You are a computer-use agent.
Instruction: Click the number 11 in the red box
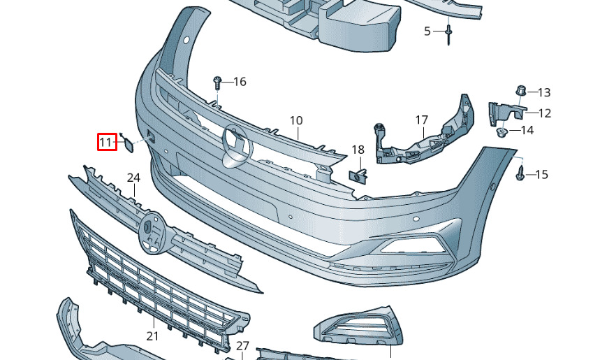(106, 143)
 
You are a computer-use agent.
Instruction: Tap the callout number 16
(240, 82)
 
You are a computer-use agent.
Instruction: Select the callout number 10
(296, 120)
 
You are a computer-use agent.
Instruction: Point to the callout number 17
(421, 120)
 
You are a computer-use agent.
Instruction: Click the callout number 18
(358, 150)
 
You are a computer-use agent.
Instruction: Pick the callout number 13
(544, 92)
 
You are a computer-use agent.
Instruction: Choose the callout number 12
(545, 113)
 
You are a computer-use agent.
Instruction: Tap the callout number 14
(527, 130)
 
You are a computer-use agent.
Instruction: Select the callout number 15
(542, 174)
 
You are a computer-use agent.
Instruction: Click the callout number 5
(427, 31)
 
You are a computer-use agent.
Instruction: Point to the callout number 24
(133, 178)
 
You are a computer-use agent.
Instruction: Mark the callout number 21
(152, 336)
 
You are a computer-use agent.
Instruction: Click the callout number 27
(242, 345)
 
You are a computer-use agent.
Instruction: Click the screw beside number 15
(520, 173)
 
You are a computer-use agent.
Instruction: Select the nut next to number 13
(520, 91)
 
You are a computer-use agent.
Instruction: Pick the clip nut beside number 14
(501, 131)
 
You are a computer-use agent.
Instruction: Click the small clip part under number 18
(358, 175)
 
